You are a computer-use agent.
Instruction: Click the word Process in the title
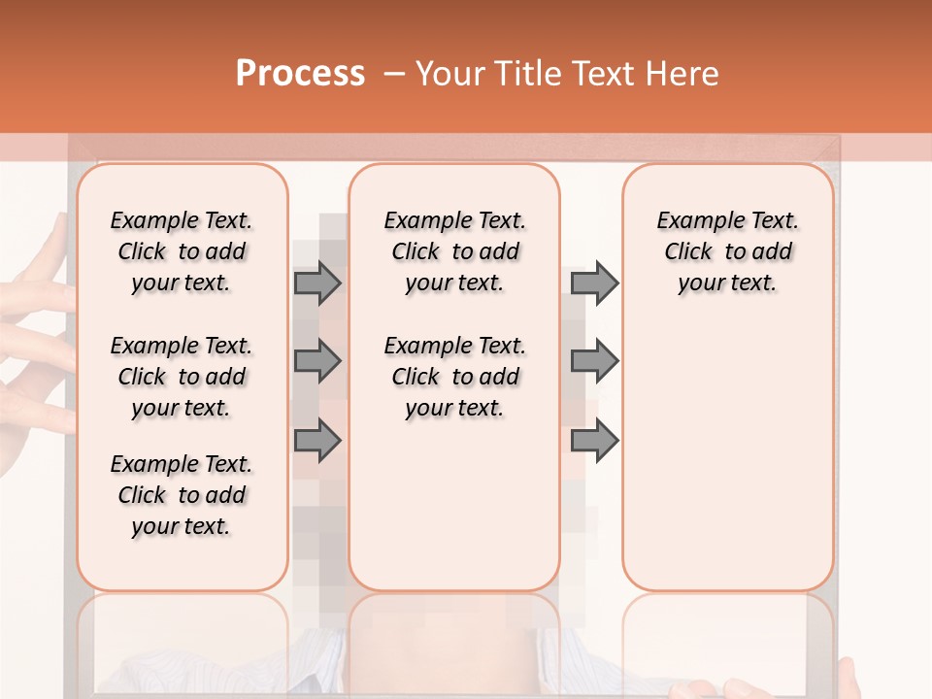(300, 73)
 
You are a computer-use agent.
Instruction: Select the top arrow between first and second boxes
(317, 283)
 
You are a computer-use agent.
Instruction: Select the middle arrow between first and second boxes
(317, 361)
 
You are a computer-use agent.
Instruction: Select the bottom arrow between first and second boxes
(317, 440)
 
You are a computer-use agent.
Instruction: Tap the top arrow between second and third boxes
(594, 283)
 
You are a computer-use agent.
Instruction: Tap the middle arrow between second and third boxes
(594, 361)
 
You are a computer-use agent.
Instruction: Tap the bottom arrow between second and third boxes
(594, 440)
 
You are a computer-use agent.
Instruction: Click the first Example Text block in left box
(182, 251)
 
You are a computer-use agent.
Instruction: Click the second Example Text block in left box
(182, 377)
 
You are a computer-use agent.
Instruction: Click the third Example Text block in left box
(182, 495)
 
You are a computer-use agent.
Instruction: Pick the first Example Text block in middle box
(454, 251)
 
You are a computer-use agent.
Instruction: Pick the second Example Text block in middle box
(454, 377)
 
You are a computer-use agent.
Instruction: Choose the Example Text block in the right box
(727, 251)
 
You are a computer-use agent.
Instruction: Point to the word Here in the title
(683, 74)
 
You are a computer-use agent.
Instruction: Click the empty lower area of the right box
(727, 466)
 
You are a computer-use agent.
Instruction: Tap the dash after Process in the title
(394, 74)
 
